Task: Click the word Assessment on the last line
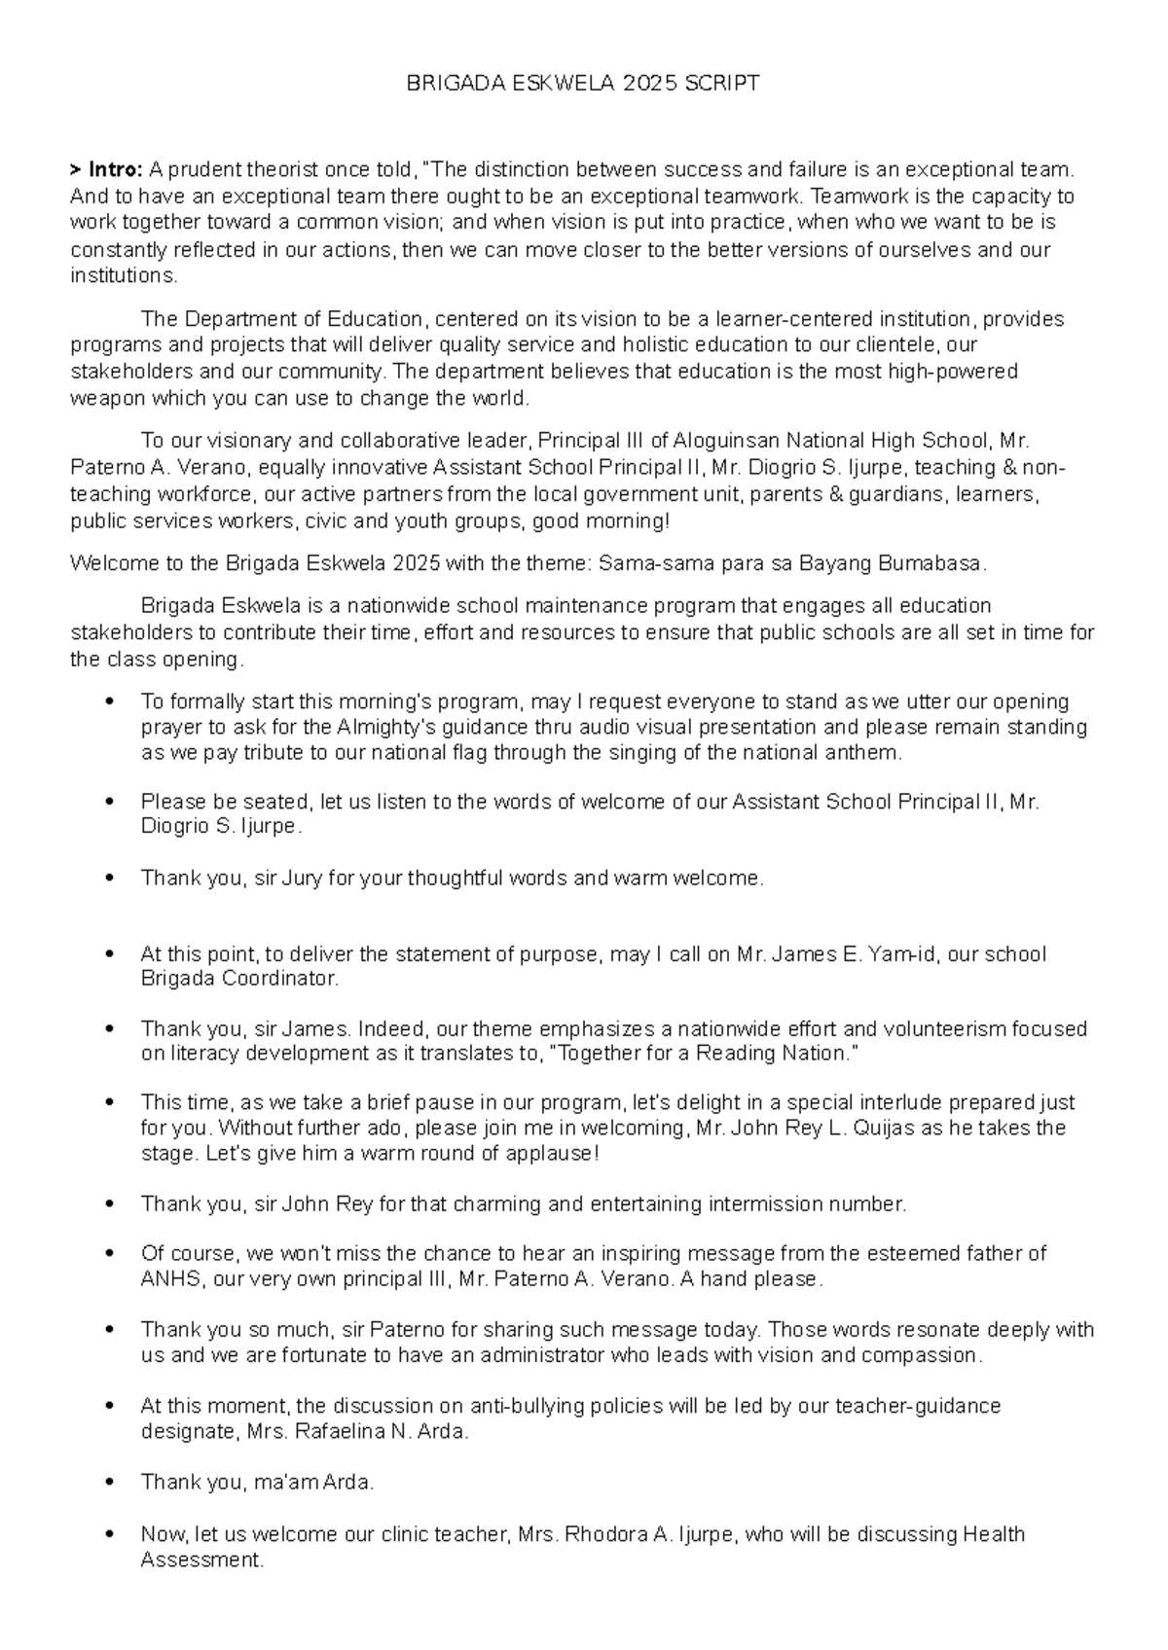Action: [x=201, y=1560]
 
